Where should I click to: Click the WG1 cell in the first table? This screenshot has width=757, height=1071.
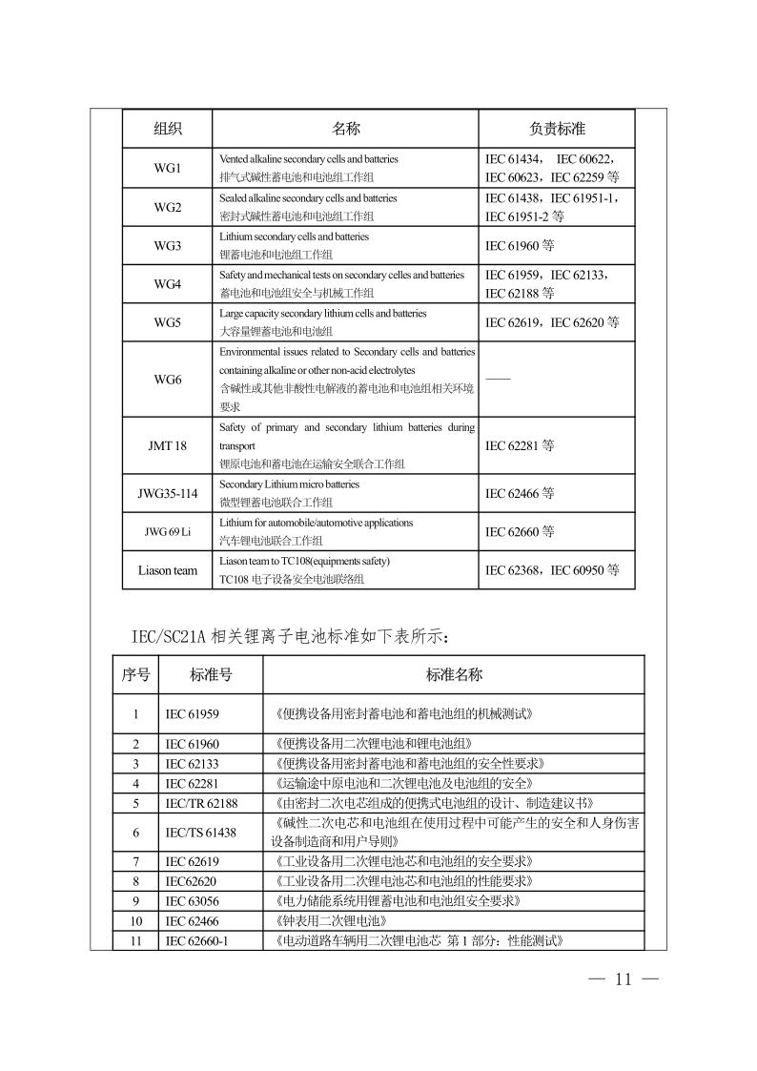pos(167,169)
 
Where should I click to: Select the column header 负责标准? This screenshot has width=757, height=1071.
pos(557,128)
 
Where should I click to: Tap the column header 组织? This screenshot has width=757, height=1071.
pos(167,128)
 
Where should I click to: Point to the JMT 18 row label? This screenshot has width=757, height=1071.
pos(167,444)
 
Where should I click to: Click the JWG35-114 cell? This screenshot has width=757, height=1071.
pos(167,493)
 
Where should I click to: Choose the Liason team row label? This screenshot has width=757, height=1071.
pos(167,570)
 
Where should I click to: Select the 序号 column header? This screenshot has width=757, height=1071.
pos(135,675)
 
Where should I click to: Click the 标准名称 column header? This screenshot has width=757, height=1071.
pos(454,675)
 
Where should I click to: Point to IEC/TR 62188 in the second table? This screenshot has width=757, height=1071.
pos(201,803)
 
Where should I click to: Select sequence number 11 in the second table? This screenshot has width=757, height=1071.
pos(135,941)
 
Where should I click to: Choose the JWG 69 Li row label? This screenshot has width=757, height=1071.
pos(167,531)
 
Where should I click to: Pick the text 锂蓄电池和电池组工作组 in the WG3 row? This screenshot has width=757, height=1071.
pos(276,255)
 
